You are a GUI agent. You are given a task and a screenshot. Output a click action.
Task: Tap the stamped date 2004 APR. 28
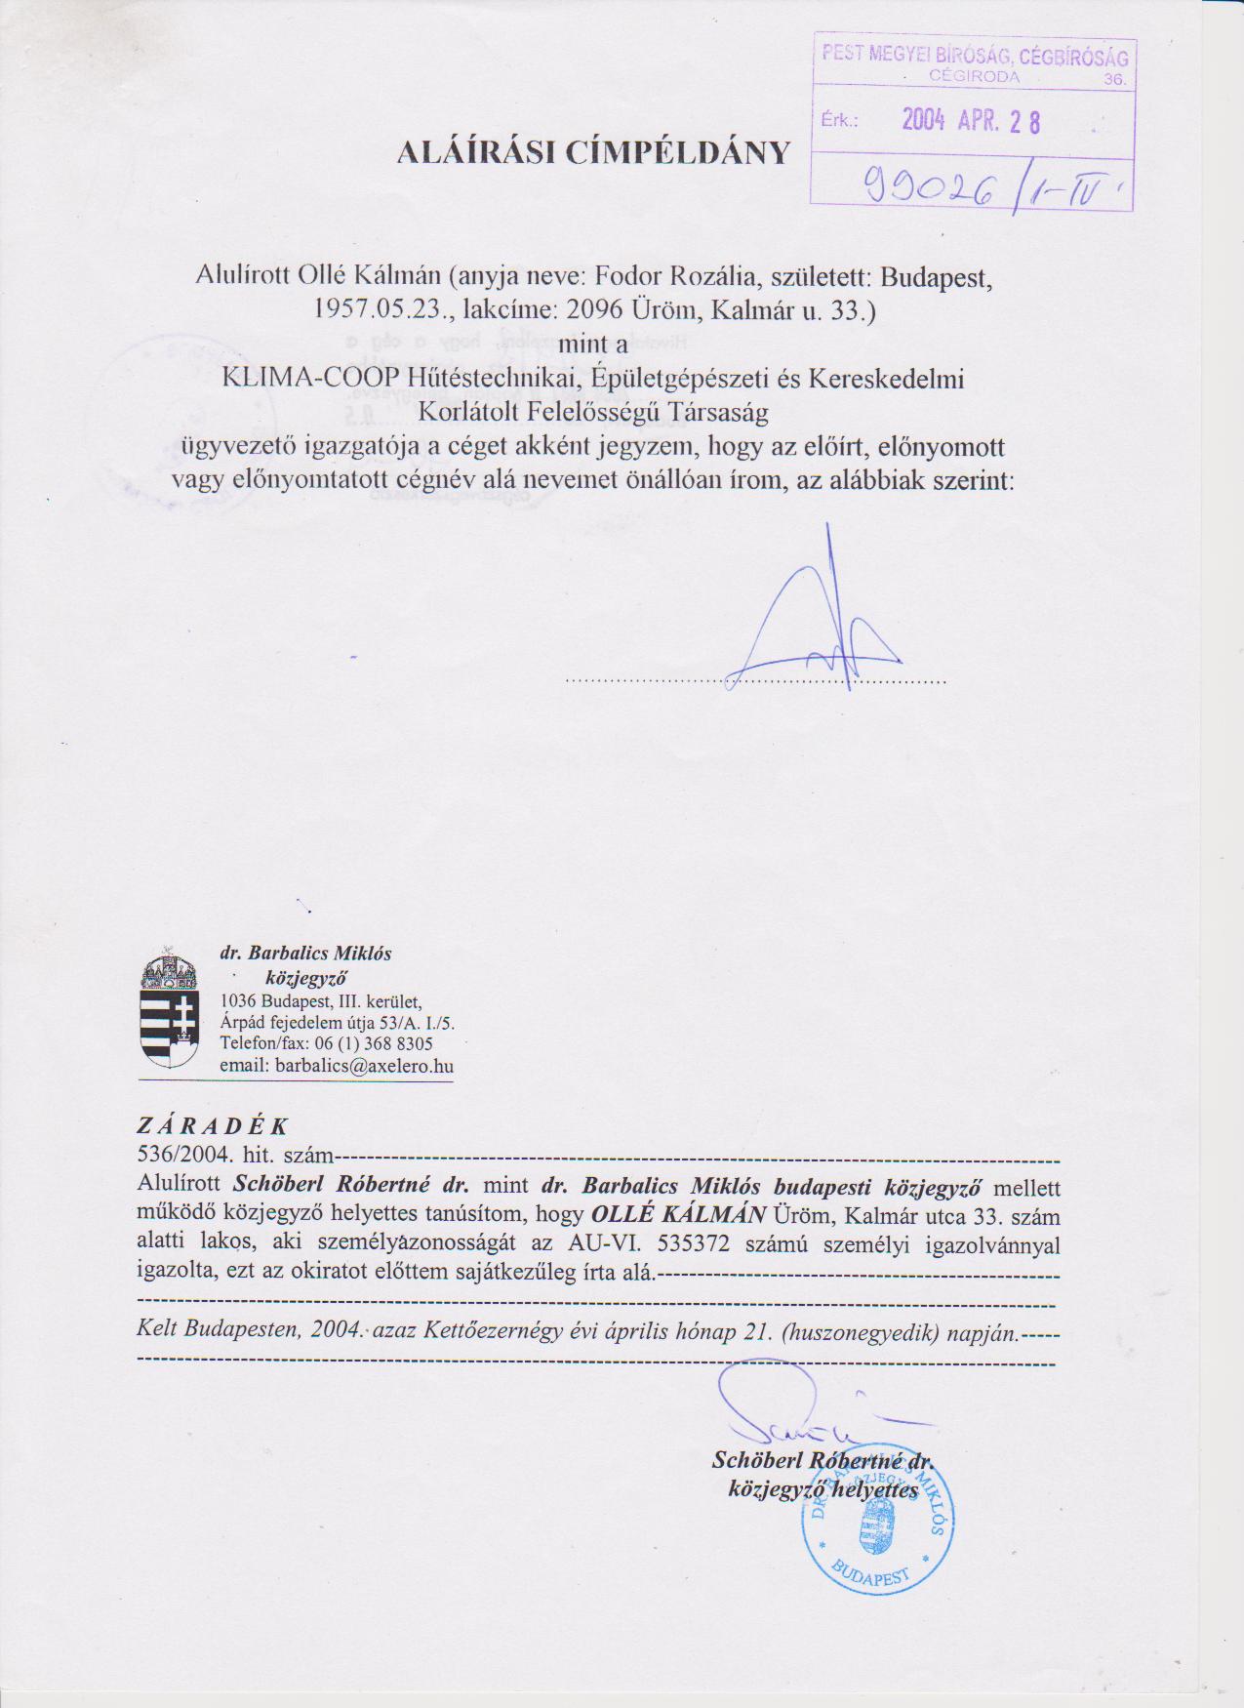970,120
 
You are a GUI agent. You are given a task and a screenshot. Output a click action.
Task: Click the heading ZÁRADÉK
214,1125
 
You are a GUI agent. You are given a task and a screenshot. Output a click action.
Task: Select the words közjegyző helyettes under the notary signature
823,1490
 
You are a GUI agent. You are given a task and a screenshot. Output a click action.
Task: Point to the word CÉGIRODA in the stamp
974,75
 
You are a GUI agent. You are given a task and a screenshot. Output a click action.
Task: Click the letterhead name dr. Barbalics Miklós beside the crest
305,954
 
